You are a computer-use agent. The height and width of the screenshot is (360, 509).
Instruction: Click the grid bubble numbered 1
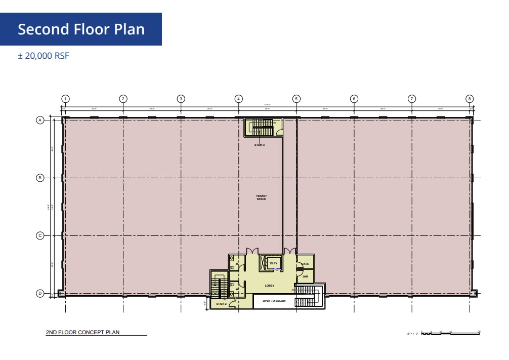(x=65, y=99)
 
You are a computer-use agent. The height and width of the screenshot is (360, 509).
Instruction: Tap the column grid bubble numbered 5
(x=296, y=99)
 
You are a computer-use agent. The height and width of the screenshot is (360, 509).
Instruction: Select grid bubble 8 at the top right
(x=470, y=99)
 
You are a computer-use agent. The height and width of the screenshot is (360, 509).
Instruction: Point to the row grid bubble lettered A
(x=39, y=120)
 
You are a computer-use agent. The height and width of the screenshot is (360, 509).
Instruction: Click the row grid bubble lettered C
(x=39, y=235)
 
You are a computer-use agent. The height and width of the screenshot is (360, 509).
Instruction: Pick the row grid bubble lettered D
(x=39, y=293)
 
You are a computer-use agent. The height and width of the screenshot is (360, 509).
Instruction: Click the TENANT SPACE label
(x=261, y=197)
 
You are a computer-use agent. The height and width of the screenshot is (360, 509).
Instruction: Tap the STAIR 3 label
(x=260, y=145)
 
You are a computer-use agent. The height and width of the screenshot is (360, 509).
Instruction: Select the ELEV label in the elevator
(x=273, y=263)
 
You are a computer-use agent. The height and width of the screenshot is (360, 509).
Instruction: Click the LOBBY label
(x=270, y=286)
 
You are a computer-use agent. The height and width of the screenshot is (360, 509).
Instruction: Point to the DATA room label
(x=305, y=264)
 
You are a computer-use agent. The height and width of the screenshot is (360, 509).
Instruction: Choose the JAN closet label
(x=305, y=276)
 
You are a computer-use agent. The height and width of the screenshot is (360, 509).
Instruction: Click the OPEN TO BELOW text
(x=274, y=301)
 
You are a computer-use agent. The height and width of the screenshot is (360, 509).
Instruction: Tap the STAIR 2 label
(x=221, y=304)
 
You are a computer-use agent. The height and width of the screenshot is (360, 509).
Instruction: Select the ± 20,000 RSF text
(x=44, y=56)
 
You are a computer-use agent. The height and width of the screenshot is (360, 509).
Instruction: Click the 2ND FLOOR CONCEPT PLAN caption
(x=83, y=333)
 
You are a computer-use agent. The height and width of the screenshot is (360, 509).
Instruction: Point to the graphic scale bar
(x=450, y=333)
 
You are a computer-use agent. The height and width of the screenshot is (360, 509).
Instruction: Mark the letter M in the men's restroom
(x=237, y=263)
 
